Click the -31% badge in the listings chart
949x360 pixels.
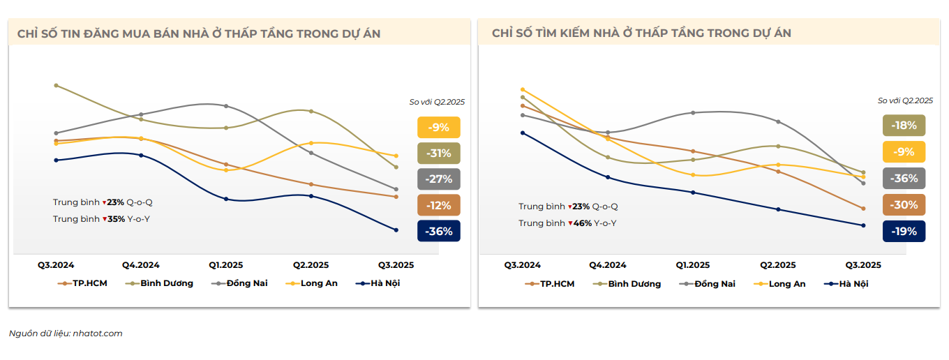[x=439, y=153]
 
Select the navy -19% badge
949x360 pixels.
[x=904, y=232]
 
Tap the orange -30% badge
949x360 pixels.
[x=904, y=205]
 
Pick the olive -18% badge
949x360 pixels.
[x=904, y=126]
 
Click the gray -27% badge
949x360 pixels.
[x=439, y=179]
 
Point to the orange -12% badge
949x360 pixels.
[x=439, y=206]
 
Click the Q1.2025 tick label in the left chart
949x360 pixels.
[x=227, y=265]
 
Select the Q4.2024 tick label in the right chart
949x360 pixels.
[x=608, y=265]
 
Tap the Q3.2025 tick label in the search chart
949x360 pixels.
[x=863, y=265]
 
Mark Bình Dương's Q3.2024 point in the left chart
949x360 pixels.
[x=56, y=85]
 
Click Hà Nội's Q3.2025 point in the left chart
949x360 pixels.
[x=396, y=230]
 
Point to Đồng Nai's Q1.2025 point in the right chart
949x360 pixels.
[x=693, y=112]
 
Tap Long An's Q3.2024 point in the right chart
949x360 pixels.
[x=523, y=89]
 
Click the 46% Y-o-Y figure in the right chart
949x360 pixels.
[x=581, y=223]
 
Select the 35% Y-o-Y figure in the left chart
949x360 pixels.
[x=116, y=219]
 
